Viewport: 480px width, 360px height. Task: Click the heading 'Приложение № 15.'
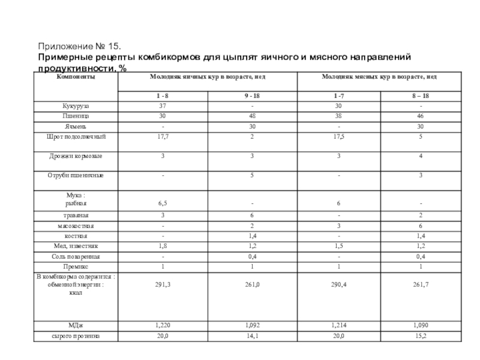[x=80, y=46]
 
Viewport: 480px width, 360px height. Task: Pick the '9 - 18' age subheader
[x=253, y=97]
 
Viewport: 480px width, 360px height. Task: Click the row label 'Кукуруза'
[x=76, y=106]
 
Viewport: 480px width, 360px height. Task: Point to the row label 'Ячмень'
[x=76, y=127]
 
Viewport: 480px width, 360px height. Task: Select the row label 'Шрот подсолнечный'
[x=76, y=137]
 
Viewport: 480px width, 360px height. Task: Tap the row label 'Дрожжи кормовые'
[x=76, y=156]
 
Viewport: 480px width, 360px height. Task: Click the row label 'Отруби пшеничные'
[x=76, y=175]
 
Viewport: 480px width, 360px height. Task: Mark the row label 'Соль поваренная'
[x=76, y=256]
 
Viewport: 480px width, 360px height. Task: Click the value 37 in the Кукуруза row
[x=163, y=106]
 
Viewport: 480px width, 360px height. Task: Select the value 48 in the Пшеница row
[x=253, y=116]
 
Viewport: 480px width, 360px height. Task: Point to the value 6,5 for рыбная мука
[x=163, y=204]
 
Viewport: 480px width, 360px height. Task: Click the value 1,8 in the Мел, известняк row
[x=163, y=246]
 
